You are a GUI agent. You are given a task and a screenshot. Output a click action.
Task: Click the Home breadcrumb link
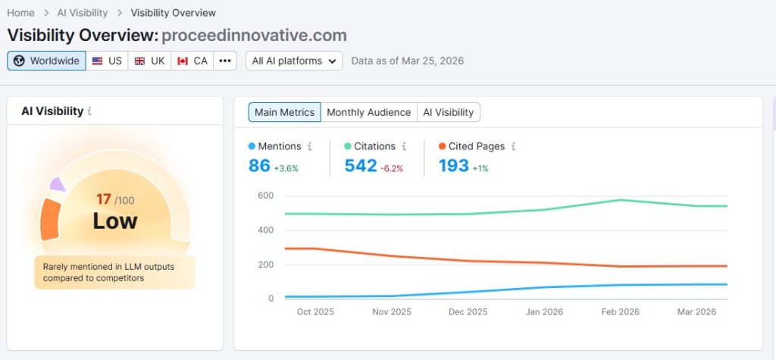[21, 13]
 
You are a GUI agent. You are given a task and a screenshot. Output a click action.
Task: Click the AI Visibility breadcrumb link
[83, 13]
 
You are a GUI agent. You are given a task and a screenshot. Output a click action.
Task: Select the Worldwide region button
[46, 61]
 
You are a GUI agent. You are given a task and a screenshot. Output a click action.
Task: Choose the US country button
[107, 61]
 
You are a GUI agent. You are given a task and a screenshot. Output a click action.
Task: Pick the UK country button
[149, 61]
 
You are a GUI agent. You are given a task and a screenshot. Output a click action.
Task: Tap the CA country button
[192, 61]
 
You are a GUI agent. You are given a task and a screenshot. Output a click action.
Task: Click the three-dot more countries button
[225, 61]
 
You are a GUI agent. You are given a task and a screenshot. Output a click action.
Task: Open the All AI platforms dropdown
[294, 61]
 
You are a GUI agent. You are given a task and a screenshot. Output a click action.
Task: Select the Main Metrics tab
[284, 112]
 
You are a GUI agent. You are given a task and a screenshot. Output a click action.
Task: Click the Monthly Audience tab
[368, 112]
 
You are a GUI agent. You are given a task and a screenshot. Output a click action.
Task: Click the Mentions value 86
[259, 165]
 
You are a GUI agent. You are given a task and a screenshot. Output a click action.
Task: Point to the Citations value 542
[361, 165]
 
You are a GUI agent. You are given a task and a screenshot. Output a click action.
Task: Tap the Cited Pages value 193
[453, 165]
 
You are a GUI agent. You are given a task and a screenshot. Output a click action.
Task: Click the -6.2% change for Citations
[392, 168]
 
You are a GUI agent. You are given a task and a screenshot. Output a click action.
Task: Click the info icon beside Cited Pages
[514, 146]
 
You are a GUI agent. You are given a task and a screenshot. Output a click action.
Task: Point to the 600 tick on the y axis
[264, 196]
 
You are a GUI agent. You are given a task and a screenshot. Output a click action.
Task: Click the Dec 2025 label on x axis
[468, 311]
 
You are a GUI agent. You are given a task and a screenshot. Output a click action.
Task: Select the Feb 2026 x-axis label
[620, 311]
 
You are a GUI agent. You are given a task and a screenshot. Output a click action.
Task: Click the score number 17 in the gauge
[104, 199]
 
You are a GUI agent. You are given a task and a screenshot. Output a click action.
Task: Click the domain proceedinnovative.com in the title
[255, 35]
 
